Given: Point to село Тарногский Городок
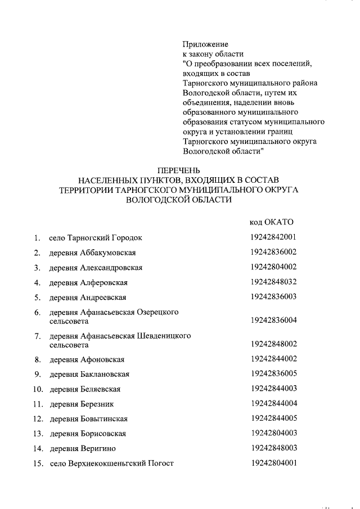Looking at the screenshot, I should pyautogui.click(x=96, y=237).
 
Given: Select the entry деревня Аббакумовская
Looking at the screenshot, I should pyautogui.click(x=92, y=253).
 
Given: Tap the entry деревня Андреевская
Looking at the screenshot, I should pyautogui.click(x=87, y=297).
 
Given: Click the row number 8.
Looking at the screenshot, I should pyautogui.click(x=37, y=359).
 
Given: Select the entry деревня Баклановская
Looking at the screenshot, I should pyautogui.click(x=89, y=374).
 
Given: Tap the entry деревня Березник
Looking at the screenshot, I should pyautogui.click(x=82, y=404).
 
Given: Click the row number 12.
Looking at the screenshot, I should pyautogui.click(x=38, y=419).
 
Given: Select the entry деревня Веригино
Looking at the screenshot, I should pyautogui.click(x=82, y=449).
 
